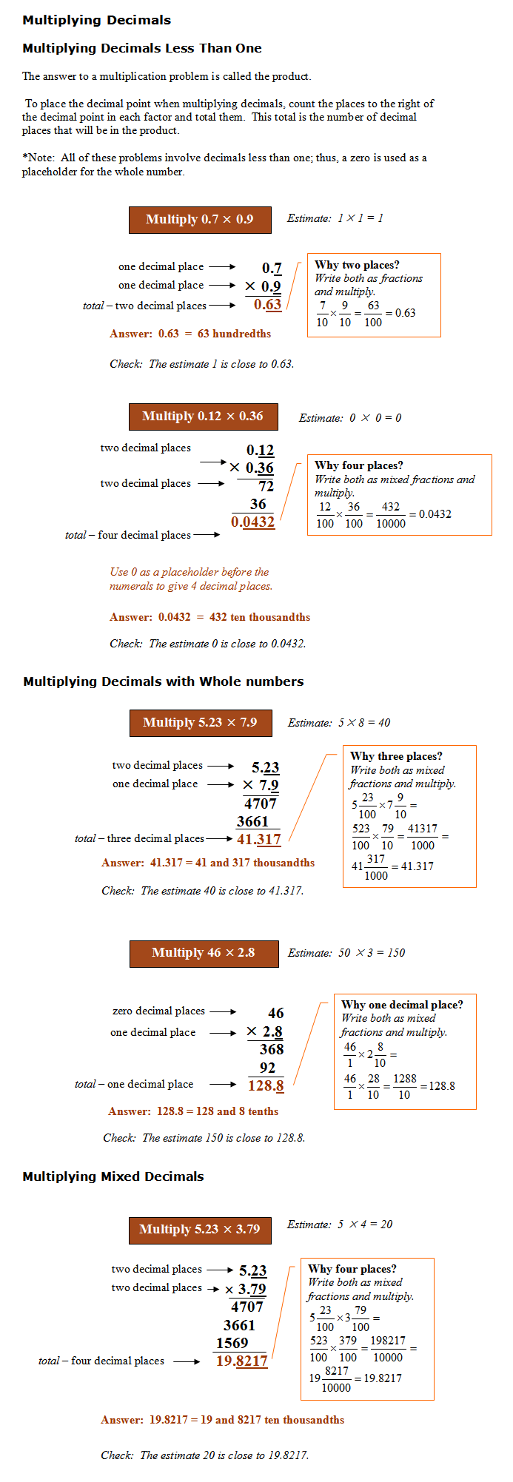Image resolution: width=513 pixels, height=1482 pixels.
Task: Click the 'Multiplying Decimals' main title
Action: [96, 20]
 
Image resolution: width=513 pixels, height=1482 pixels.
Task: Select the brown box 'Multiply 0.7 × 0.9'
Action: [200, 220]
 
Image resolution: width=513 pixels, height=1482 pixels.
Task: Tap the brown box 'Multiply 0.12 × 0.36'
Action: [203, 417]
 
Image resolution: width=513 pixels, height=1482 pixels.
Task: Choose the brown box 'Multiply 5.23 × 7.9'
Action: [200, 723]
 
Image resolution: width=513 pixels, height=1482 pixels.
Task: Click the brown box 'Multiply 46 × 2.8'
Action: [204, 953]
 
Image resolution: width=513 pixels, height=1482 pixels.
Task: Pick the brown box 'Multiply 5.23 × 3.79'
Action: [200, 1230]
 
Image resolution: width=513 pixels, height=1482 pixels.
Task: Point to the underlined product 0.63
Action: [267, 304]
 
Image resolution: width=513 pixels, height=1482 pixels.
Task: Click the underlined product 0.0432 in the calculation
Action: [252, 522]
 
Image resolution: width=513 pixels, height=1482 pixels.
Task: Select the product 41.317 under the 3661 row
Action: [258, 839]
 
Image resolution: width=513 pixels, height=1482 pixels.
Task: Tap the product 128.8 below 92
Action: [266, 1085]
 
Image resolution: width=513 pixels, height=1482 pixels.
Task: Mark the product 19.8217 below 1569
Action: [241, 1361]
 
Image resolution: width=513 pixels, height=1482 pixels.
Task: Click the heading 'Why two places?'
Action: [357, 265]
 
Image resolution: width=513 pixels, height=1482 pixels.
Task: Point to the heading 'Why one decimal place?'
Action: [402, 1005]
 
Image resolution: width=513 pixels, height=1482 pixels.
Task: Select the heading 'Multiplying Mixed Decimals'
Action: [113, 1176]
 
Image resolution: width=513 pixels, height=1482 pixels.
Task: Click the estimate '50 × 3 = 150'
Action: [372, 953]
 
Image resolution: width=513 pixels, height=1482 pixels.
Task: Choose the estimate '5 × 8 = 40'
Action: [364, 723]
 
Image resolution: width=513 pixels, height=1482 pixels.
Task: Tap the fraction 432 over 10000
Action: [391, 515]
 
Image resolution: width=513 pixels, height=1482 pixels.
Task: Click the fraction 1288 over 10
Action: [404, 1086]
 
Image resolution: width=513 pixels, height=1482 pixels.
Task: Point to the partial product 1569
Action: [232, 1343]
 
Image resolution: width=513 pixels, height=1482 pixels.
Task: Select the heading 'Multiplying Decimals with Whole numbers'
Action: [163, 681]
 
